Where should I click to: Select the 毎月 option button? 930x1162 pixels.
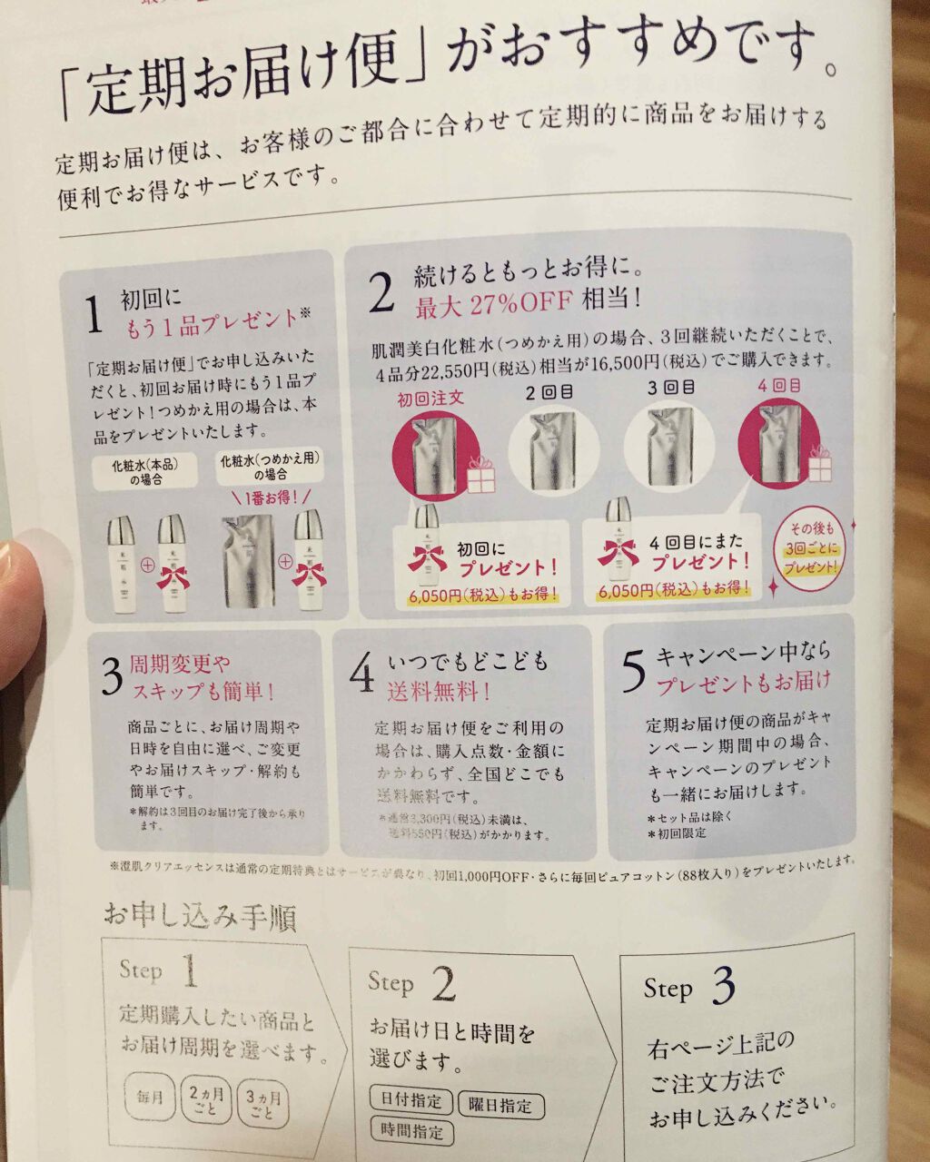click(151, 1097)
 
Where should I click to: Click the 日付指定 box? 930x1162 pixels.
click(411, 1099)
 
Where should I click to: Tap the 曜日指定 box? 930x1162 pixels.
click(500, 1105)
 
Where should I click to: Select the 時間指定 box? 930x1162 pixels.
click(411, 1131)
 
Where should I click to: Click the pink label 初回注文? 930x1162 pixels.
click(430, 399)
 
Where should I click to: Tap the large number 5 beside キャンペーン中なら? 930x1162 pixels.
click(632, 673)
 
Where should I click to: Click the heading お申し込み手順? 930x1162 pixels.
click(200, 916)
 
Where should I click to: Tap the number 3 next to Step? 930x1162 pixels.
click(724, 986)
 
